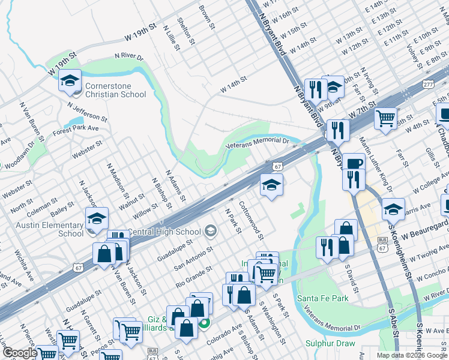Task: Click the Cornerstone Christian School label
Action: (115, 90)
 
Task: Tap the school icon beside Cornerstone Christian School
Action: (70, 81)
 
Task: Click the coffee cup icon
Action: (354, 163)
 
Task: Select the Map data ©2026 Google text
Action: (411, 355)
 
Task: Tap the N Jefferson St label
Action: (88, 111)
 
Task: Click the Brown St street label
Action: (207, 18)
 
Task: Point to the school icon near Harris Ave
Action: (393, 209)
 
